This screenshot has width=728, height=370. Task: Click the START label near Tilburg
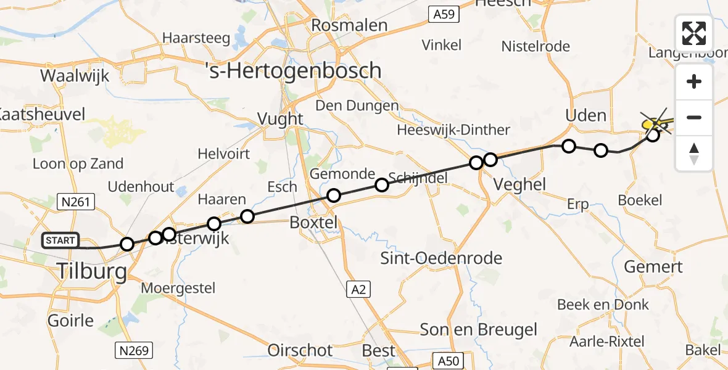60,240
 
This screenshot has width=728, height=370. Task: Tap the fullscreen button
694,33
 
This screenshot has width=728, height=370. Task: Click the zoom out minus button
694,117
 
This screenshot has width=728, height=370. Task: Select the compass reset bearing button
694,154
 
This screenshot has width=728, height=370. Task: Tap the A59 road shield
442,13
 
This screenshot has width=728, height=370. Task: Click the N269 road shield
133,351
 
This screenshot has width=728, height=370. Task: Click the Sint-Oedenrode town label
441,258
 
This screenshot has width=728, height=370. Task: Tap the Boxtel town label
315,223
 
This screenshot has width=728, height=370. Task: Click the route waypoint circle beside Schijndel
382,185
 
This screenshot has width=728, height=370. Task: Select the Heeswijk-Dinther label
453,129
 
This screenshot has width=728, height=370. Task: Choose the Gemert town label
653,267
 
